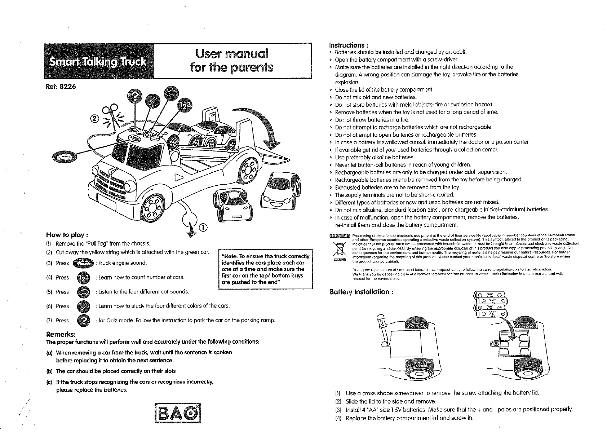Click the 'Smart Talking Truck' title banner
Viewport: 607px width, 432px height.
point(98,62)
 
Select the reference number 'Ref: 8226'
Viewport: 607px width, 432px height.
point(60,87)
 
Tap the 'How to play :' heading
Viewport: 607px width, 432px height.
point(67,235)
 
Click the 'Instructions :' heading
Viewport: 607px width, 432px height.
point(348,45)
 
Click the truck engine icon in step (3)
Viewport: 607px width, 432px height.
point(83,263)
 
